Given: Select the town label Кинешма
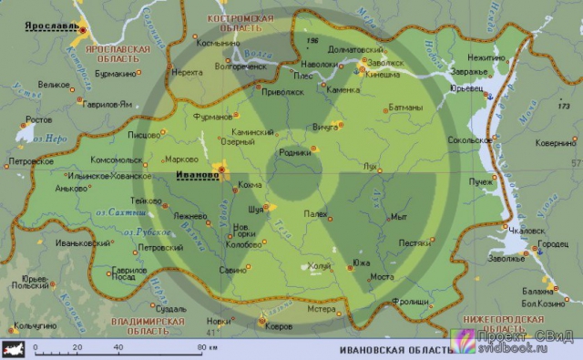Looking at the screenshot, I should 383,76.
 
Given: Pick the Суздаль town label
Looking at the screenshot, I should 170,309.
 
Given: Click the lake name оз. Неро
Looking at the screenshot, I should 52,139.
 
